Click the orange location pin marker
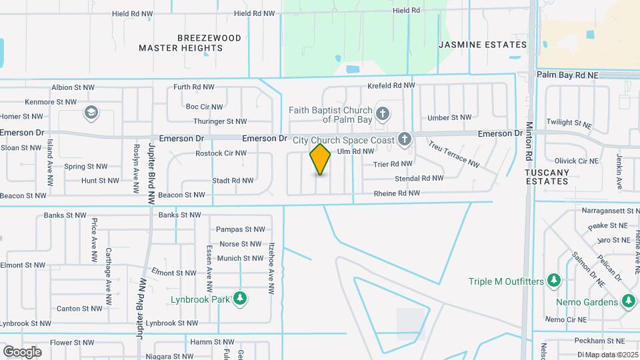[x=320, y=159]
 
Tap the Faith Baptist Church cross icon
[x=382, y=113]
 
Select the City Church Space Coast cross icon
[x=403, y=139]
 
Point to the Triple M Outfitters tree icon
[x=553, y=281]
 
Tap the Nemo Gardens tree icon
[x=627, y=302]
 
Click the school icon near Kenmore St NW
[x=90, y=113]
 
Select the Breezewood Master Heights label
[x=190, y=43]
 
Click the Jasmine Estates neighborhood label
[x=483, y=45]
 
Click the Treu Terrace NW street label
[x=454, y=154]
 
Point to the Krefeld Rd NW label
[x=391, y=86]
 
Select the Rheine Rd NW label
[x=397, y=193]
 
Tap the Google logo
[x=22, y=351]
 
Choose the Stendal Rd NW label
[x=419, y=178]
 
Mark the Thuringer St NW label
[x=220, y=121]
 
